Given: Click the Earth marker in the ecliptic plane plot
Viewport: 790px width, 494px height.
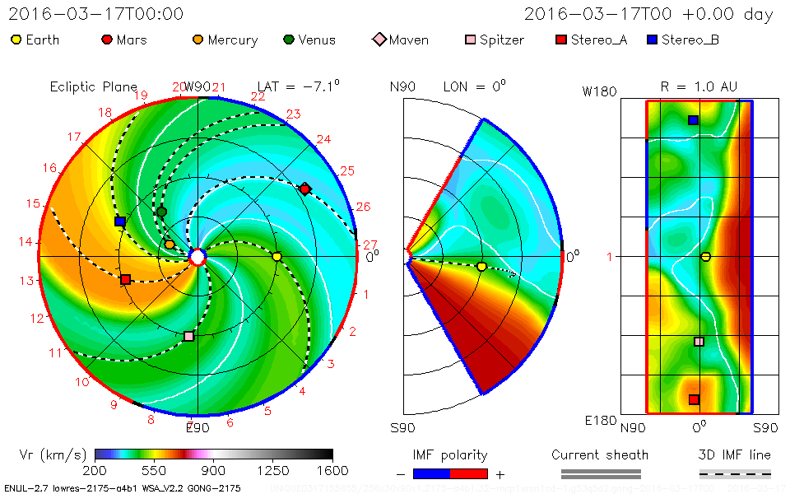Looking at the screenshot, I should [x=276, y=257].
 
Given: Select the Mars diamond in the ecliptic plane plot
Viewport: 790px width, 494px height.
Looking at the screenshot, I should [x=305, y=189].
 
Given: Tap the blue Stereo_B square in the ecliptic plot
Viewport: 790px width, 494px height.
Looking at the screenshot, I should [x=120, y=221].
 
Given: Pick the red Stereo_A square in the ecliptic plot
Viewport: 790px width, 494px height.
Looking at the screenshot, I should [x=125, y=280].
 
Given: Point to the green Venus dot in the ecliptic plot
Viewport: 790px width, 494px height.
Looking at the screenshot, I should [x=161, y=212].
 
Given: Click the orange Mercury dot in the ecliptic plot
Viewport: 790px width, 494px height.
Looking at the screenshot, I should [x=170, y=245].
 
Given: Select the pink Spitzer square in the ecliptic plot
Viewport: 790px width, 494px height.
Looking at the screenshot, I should [x=189, y=336].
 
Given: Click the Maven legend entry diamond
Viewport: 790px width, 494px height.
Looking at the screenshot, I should [x=379, y=40].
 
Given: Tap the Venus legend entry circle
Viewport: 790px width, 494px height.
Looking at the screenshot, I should [x=288, y=40].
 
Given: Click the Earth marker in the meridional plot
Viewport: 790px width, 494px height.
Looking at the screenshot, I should [x=481, y=266].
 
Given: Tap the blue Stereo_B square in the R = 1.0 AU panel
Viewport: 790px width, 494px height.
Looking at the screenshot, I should [x=693, y=120].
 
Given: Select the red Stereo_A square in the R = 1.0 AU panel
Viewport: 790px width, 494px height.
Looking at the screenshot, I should [x=694, y=399].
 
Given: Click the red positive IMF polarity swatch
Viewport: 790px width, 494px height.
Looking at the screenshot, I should [x=469, y=473].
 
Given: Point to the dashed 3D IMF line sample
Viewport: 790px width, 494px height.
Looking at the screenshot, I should [x=735, y=473].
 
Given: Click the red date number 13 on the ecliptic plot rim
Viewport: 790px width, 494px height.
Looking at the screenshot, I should [x=27, y=280].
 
